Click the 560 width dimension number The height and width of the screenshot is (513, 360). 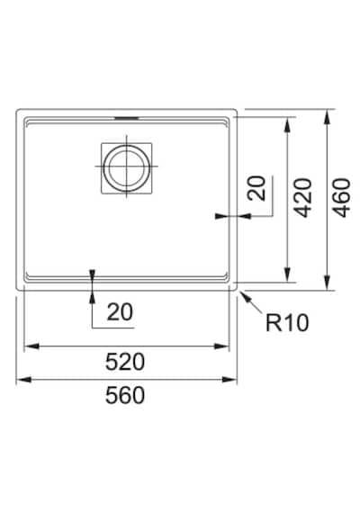point(125,395)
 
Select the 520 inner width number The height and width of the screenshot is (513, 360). point(125,362)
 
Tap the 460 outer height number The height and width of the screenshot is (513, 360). point(341,198)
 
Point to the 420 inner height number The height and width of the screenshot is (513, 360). point(302,198)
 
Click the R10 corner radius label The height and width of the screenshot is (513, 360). point(287,322)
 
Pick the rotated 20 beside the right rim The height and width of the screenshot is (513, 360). point(256,188)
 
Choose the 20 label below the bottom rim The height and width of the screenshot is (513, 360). point(120,311)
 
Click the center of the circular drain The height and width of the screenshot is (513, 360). point(126,166)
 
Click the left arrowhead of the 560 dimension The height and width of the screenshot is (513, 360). point(23,380)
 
